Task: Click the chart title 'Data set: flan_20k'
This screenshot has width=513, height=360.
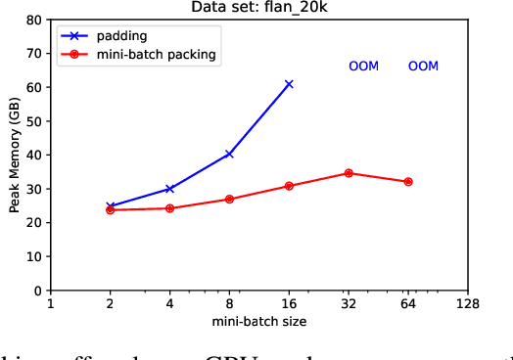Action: coord(259,8)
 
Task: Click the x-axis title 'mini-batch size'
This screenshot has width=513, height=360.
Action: coord(258,321)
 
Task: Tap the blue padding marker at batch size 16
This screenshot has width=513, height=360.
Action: coord(289,84)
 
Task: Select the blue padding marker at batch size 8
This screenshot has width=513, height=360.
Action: coord(229,154)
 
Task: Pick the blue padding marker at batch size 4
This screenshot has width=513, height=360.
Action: coord(169,189)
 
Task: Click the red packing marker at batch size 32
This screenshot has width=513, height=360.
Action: coord(349,173)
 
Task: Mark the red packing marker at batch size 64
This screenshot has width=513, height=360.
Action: coord(408,182)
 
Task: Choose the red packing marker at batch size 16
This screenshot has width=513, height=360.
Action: coord(289,186)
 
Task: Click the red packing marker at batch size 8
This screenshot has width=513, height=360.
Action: coord(229,200)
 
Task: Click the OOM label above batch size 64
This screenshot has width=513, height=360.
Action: coord(423,67)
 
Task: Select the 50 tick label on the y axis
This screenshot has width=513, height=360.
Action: coord(35,121)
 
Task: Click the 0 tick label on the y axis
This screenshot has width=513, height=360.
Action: coord(38,291)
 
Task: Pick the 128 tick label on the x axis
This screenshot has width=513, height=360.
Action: coord(468,304)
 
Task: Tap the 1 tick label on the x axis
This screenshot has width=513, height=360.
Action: coord(50,304)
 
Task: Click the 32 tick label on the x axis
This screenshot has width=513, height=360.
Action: coord(349,304)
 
